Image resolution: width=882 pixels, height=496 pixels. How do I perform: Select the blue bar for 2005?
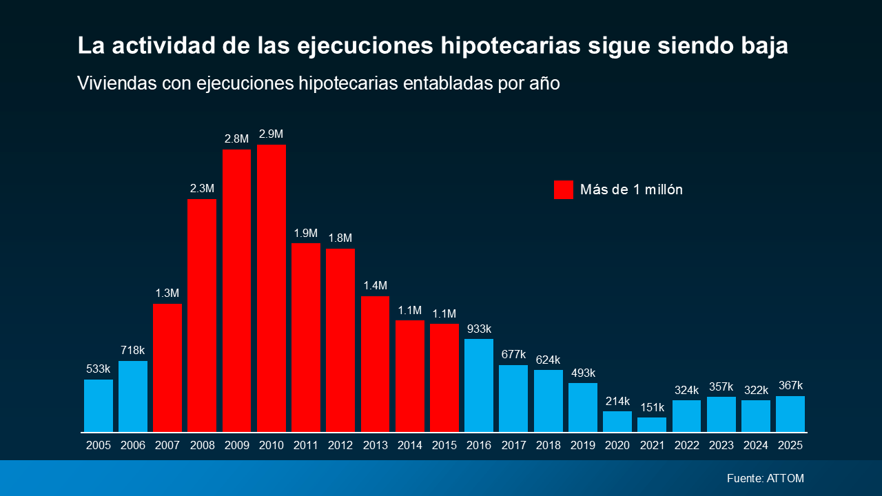pyautogui.click(x=99, y=406)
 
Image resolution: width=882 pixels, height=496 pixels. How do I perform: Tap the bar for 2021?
pyautogui.click(x=652, y=424)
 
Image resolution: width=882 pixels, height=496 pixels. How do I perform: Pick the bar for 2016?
pyautogui.click(x=479, y=385)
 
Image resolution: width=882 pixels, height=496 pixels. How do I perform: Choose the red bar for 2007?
pyautogui.click(x=167, y=368)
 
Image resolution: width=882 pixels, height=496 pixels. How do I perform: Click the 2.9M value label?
pyautogui.click(x=271, y=134)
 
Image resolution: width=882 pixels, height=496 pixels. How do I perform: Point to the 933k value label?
pyautogui.click(x=479, y=329)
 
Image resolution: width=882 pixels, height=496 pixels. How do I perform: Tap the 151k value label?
pyautogui.click(x=652, y=407)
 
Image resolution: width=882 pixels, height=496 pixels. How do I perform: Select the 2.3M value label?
pyautogui.click(x=202, y=188)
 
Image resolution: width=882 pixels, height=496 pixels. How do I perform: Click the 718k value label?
pyautogui.click(x=133, y=350)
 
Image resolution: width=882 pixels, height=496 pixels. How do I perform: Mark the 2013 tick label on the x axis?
pyautogui.click(x=375, y=446)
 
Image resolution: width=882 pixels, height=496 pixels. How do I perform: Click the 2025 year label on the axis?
pyautogui.click(x=790, y=446)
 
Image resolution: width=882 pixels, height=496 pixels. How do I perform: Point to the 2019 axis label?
pyautogui.click(x=582, y=446)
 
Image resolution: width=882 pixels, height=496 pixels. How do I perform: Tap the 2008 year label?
pyautogui.click(x=202, y=446)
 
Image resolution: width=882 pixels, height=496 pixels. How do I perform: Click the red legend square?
pyautogui.click(x=563, y=189)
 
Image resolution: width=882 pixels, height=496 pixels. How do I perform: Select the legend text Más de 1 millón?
pyautogui.click(x=631, y=189)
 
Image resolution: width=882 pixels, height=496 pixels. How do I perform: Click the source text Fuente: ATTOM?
pyautogui.click(x=765, y=478)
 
